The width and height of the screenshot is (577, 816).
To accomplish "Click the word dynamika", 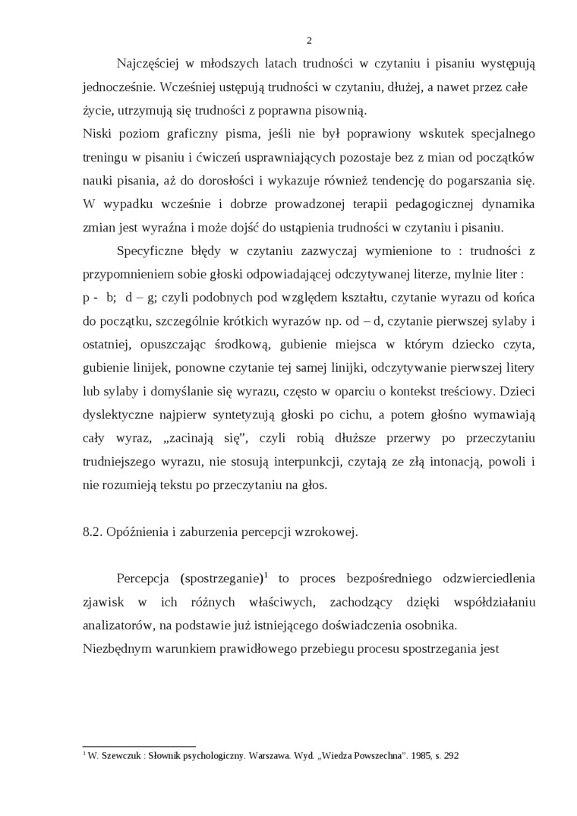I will (x=507, y=204).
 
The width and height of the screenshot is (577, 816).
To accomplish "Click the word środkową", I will (x=242, y=345).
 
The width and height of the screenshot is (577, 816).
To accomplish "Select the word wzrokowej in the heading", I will (x=330, y=531).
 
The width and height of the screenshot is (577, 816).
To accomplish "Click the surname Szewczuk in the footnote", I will (x=118, y=756).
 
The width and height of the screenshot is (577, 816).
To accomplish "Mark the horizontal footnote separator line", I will (x=138, y=747).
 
